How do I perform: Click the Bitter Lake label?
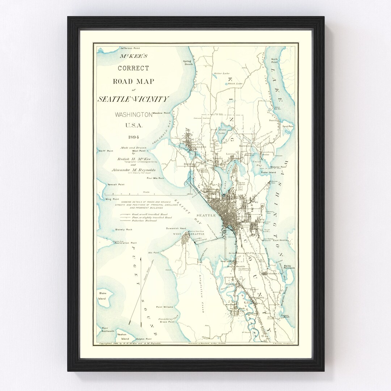click(222, 73)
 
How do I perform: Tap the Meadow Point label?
click(161, 113)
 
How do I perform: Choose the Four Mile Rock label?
click(155, 178)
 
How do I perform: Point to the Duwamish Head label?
click(176, 228)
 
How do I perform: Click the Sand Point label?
click(288, 126)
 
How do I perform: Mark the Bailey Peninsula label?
click(290, 267)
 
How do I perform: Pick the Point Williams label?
click(164, 307)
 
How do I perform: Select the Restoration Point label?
click(125, 243)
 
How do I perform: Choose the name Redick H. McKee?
click(133, 159)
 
